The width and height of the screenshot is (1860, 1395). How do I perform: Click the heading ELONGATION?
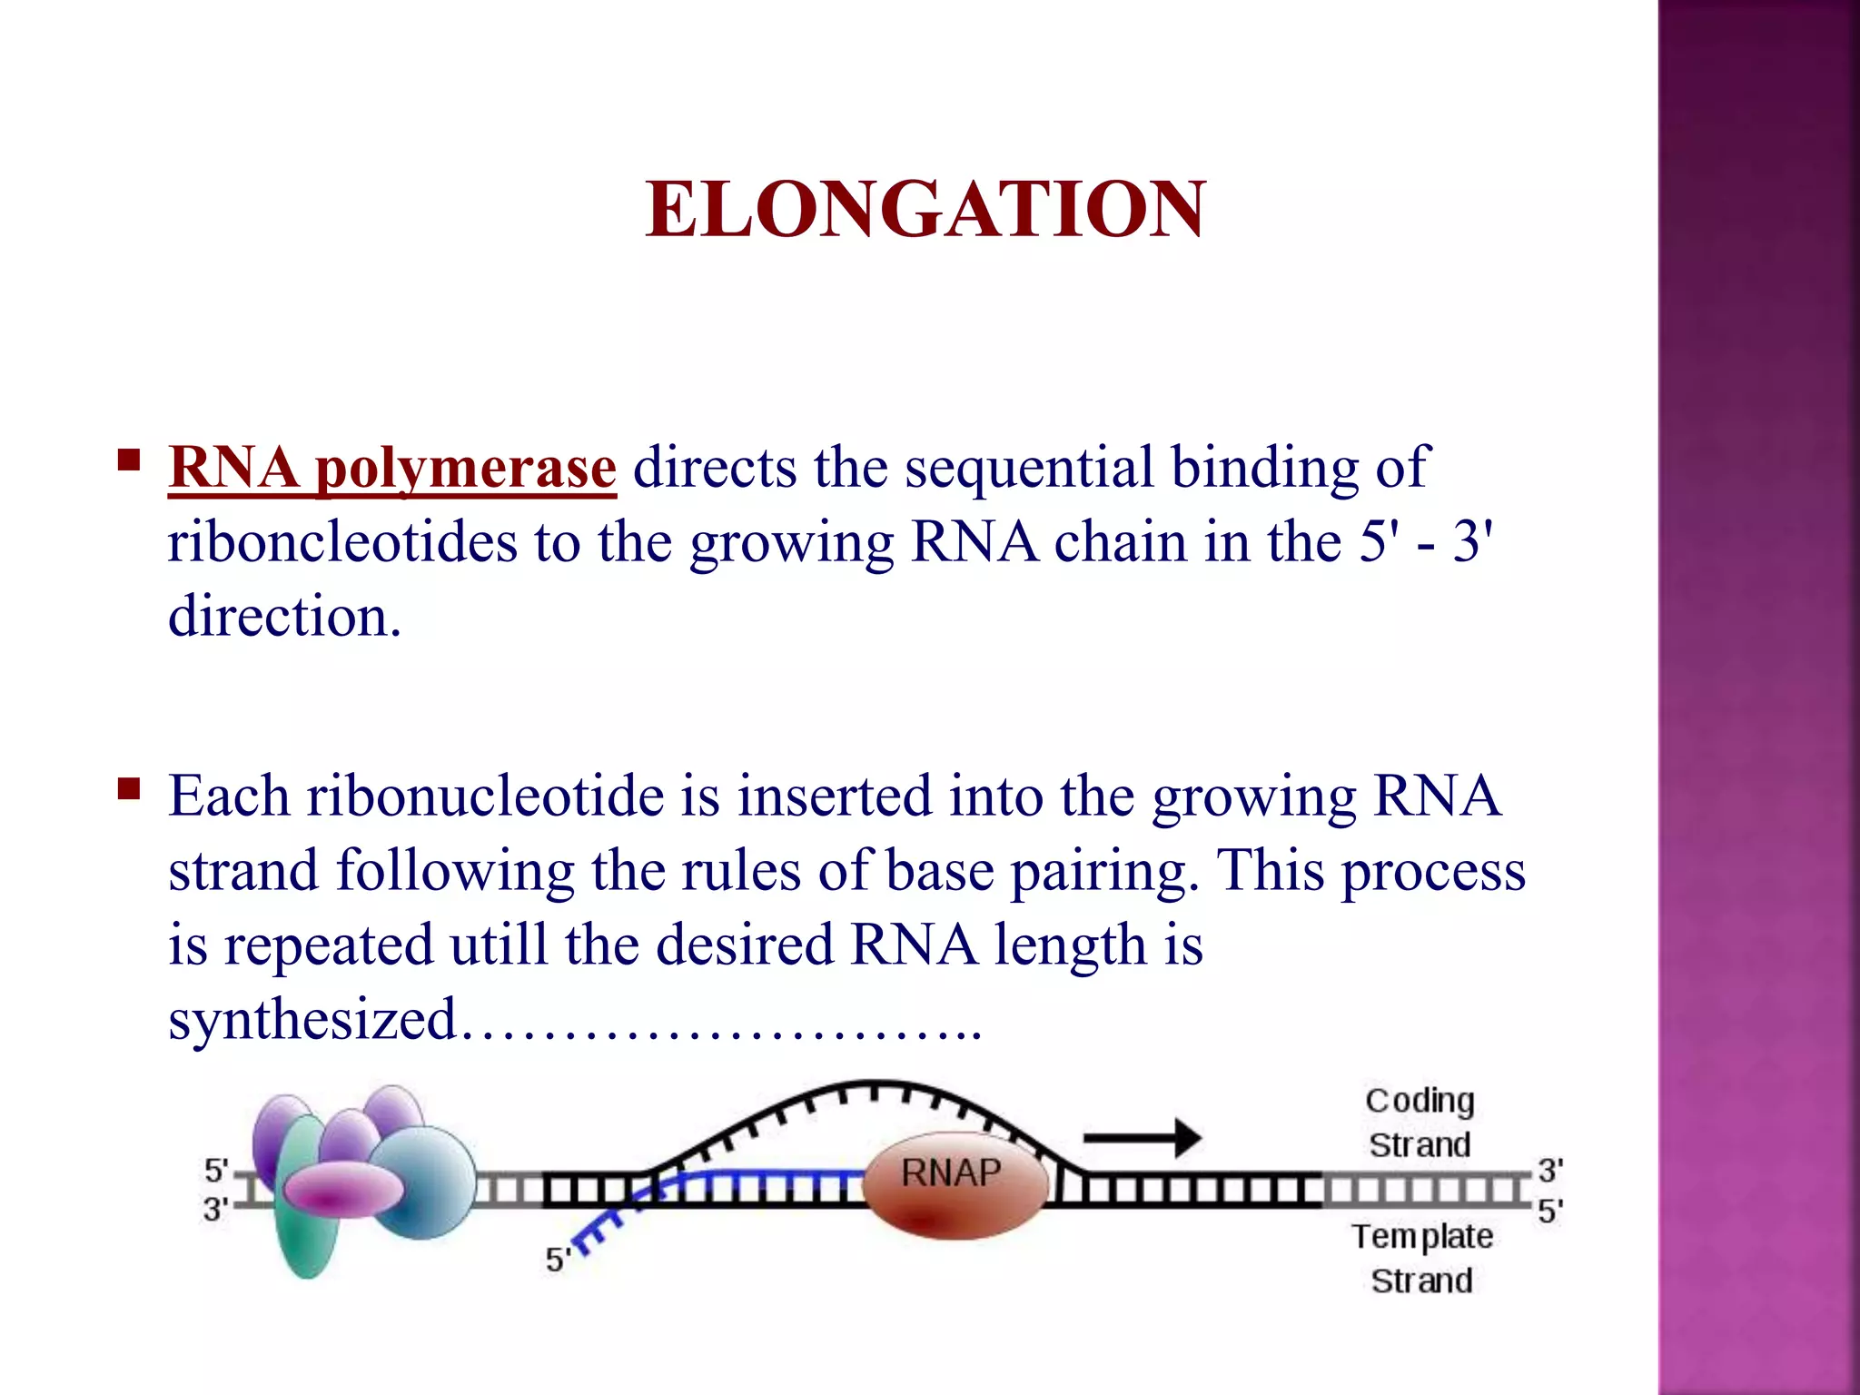[x=925, y=211]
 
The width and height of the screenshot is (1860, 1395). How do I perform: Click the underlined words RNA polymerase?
[x=392, y=469]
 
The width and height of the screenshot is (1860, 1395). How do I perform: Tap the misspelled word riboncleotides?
[x=341, y=543]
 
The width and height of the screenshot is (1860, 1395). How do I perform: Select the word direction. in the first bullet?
[x=284, y=618]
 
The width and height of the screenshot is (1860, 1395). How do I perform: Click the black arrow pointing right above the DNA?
[x=1142, y=1137]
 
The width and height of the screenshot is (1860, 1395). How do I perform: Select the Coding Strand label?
[x=1420, y=1123]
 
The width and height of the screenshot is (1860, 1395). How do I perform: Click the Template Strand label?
[x=1421, y=1259]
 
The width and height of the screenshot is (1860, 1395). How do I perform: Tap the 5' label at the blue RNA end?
[x=557, y=1261]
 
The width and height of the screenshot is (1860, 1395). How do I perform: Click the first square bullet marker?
[x=129, y=460]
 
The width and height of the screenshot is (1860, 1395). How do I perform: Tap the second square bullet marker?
[x=129, y=788]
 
